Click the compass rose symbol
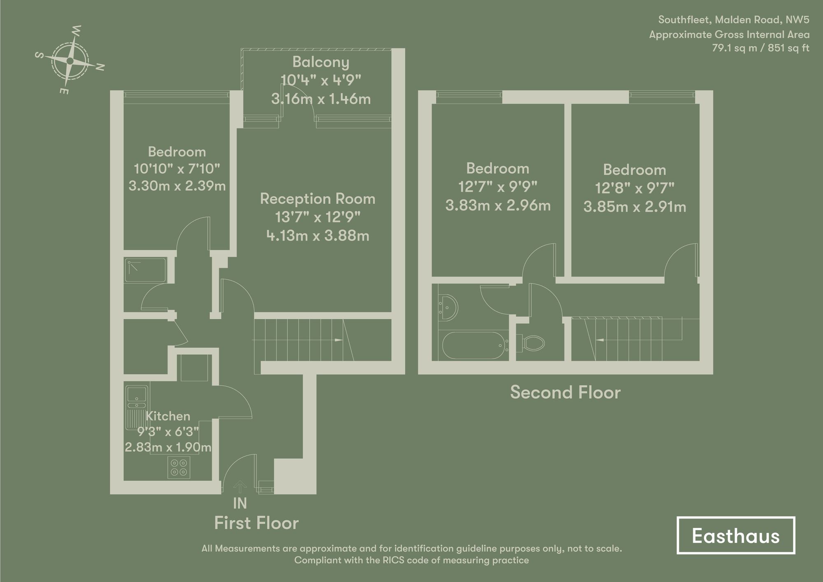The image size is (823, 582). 70,61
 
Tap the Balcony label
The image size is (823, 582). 321,62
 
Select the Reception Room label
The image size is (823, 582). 317,199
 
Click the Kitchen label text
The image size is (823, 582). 168,416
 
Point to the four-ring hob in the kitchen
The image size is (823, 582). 179,467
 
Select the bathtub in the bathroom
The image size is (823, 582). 473,345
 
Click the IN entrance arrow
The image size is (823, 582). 240,487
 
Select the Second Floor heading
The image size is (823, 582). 565,392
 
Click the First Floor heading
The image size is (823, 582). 256,523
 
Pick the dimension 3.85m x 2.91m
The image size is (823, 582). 635,207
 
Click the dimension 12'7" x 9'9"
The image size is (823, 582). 498,187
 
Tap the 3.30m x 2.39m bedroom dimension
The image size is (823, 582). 177,186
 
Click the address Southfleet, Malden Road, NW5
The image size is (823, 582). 733,20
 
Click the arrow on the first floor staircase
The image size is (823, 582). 338,340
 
